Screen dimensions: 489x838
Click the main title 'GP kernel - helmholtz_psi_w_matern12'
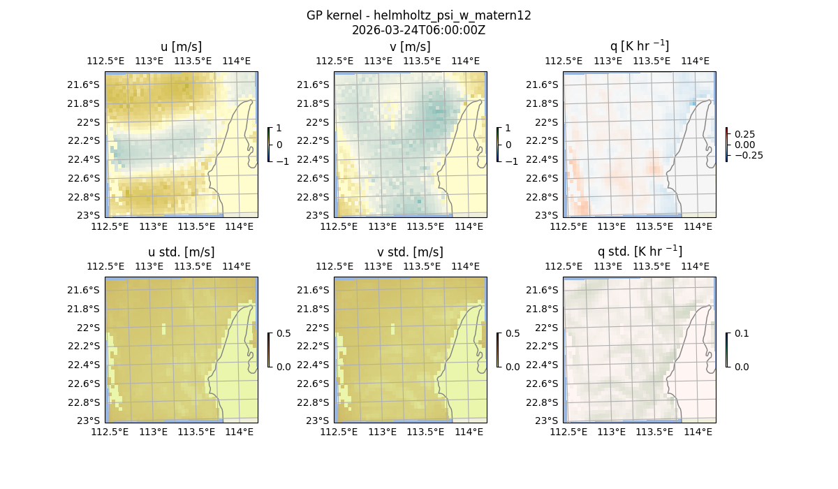coord(419,15)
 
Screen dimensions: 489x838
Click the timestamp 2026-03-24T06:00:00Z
coord(419,30)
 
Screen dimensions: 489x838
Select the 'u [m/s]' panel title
coord(182,47)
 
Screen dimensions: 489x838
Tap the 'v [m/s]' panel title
coord(410,47)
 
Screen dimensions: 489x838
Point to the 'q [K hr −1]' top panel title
coord(639,46)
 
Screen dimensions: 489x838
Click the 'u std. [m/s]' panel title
coord(182,252)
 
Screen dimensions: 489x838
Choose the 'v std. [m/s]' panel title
coord(410,252)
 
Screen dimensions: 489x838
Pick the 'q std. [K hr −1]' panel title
coord(639,251)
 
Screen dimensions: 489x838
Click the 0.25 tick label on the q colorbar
coord(744,134)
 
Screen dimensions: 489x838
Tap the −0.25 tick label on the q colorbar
coord(748,155)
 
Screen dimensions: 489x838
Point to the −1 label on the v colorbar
coord(512,161)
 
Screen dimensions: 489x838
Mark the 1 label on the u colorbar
coord(279,128)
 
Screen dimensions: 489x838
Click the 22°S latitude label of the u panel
coord(89,122)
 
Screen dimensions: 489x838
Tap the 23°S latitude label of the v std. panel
coord(318,421)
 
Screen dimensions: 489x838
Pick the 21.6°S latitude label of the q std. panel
coord(547,290)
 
